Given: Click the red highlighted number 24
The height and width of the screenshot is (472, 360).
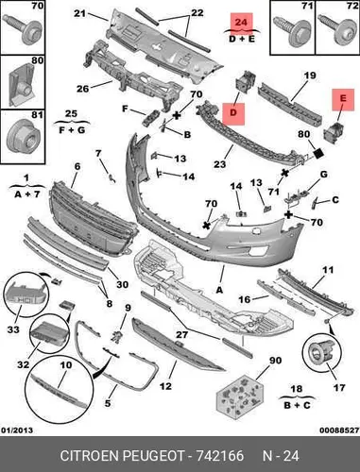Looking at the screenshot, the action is pos(241,22).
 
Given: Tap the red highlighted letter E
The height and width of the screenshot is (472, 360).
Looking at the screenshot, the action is pos(343,98).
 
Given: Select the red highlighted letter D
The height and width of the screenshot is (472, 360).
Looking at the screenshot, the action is pos(233,112).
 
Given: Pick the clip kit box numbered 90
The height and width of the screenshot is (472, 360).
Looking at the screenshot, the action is pos(240,396).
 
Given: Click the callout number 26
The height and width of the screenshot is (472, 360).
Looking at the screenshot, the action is pos(83,89).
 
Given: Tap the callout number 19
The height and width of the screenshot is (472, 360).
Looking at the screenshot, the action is pos(310,76).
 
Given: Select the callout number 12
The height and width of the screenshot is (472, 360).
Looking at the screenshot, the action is pos(165,386).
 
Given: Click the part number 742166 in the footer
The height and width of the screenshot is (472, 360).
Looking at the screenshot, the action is pos(220,456).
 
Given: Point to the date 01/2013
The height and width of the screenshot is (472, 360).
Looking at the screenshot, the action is pos(17,430).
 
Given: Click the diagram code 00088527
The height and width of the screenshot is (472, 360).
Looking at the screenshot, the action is pos(339,430).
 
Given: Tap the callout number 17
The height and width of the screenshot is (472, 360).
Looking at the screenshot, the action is pos(339,387).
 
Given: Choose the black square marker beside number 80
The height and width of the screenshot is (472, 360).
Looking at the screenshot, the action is pos(318,154).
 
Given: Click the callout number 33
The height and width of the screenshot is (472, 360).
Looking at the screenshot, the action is pos(13,329).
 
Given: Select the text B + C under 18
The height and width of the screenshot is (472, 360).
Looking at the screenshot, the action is pos(297,405).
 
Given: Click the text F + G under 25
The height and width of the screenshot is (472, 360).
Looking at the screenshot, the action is pos(72,129).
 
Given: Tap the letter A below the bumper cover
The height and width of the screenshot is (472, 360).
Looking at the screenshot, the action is pos(219,290).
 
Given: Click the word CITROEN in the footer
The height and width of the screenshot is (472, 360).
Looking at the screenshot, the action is pos(90,456).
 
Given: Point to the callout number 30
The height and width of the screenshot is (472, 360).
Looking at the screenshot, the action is pos(122,284).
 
